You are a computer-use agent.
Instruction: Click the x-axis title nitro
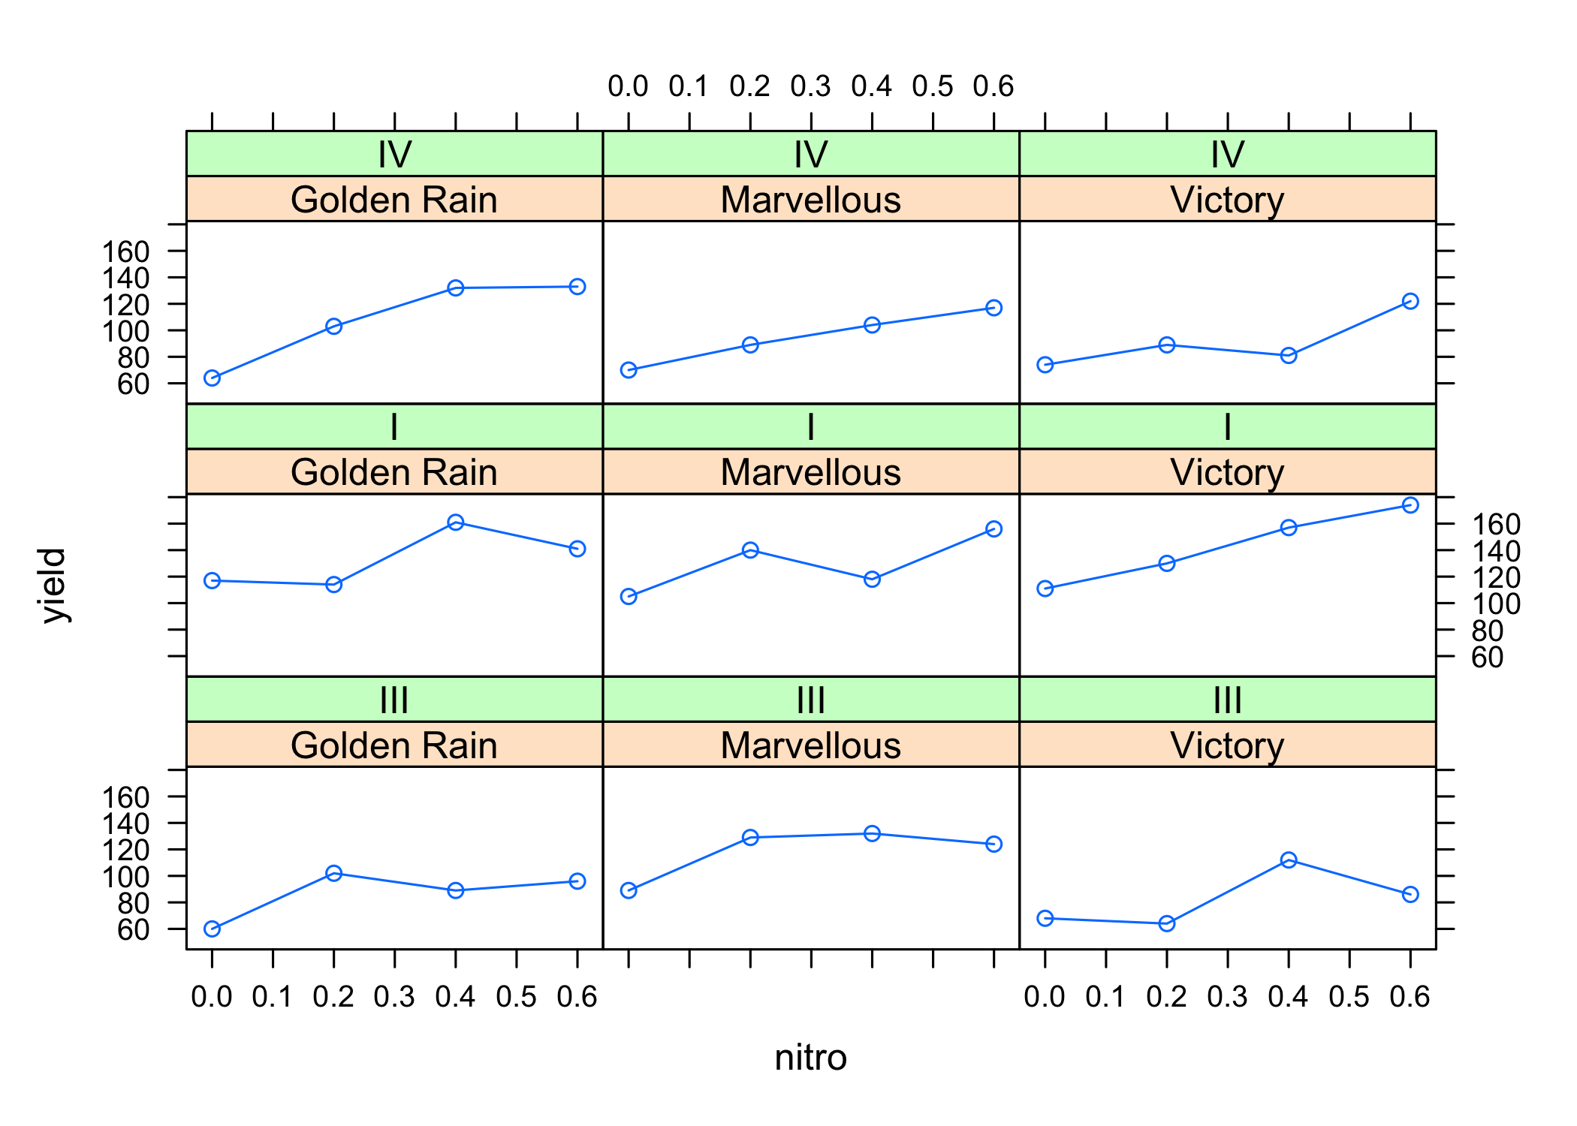click(x=810, y=1058)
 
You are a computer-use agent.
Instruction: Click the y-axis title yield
click(x=54, y=586)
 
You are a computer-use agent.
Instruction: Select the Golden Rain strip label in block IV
click(x=394, y=200)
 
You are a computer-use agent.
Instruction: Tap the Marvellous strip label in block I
click(x=810, y=472)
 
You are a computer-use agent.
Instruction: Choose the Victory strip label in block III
click(x=1227, y=745)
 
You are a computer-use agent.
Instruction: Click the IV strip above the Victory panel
click(x=1227, y=155)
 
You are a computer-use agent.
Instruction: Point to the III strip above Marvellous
click(x=810, y=700)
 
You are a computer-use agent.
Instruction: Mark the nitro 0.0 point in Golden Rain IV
click(x=212, y=378)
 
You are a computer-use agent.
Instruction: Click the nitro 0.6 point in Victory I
click(x=1410, y=505)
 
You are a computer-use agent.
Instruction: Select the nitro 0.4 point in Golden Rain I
click(x=455, y=522)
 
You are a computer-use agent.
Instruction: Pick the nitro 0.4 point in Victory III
click(x=1289, y=860)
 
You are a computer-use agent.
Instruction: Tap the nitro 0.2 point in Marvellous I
click(x=750, y=550)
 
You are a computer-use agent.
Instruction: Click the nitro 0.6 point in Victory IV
click(x=1410, y=301)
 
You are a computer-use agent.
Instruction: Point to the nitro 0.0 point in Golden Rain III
click(x=212, y=929)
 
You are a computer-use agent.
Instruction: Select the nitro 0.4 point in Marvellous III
click(x=872, y=834)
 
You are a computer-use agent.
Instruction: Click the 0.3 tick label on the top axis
click(x=810, y=87)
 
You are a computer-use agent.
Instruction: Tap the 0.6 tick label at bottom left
click(x=577, y=998)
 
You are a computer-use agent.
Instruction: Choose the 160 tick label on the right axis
click(x=1496, y=525)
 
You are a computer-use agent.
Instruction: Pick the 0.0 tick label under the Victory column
click(x=1045, y=998)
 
